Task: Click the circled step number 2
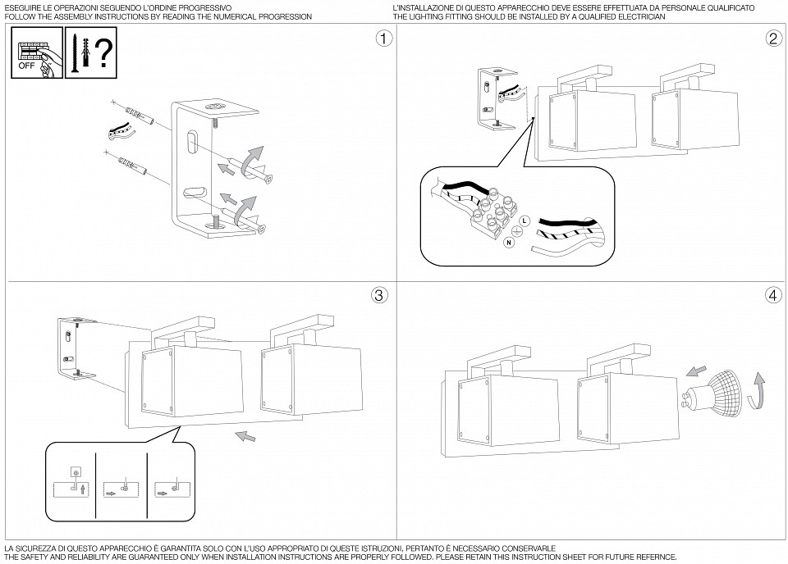772,39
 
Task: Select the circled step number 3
378,295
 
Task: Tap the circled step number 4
772,295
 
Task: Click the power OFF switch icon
37,53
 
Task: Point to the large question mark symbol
103,53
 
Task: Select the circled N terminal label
509,243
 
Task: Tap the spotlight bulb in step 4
714,392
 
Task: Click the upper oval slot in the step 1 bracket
191,141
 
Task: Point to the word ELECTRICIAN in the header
639,16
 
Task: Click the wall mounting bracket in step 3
71,347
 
